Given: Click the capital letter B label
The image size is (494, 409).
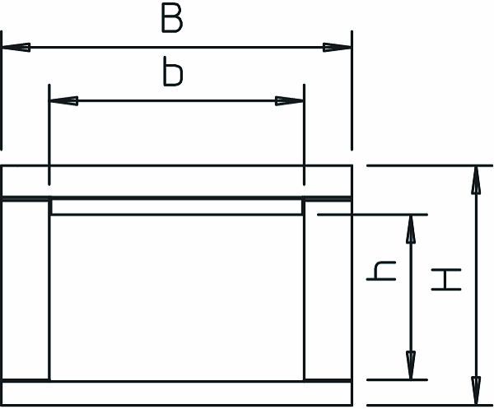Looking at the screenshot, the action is [x=172, y=18].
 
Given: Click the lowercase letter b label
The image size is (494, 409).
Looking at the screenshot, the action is [x=173, y=72].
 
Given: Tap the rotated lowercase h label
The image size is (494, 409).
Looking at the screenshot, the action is [x=381, y=271].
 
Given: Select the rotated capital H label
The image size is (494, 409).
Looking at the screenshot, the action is [x=446, y=279].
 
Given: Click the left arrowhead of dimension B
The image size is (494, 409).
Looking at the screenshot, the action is [x=16, y=48].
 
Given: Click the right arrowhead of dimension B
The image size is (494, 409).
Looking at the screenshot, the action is [x=338, y=48].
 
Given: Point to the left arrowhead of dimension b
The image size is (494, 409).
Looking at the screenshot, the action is [x=63, y=101].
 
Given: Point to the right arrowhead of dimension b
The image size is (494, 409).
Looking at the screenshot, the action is [x=290, y=101].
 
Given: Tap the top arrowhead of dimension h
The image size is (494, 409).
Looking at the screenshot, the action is [x=411, y=229].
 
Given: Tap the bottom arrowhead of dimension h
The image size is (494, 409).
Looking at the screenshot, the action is [x=411, y=365].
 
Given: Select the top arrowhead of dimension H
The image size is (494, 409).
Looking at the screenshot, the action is [x=476, y=179].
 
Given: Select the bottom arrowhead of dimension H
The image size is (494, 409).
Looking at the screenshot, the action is [x=476, y=390].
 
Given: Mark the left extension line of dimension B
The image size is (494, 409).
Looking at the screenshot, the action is [x=2, y=91].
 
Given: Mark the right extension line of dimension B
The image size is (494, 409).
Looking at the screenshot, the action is [x=352, y=91].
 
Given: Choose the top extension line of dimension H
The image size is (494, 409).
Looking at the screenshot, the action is [x=430, y=165].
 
